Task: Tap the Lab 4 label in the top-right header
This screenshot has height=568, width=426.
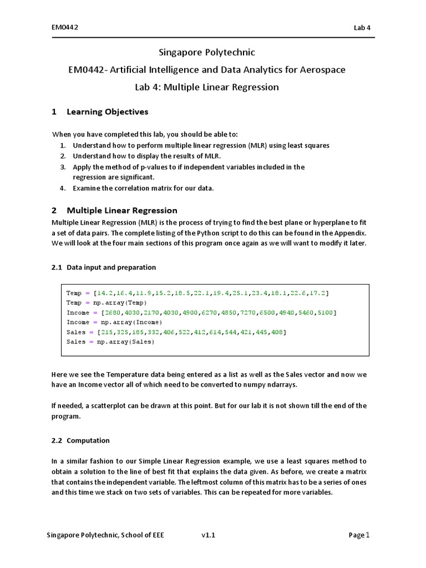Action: (x=362, y=28)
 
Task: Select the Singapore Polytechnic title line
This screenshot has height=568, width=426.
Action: (x=207, y=53)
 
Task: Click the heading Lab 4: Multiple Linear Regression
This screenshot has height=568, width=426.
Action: (x=207, y=87)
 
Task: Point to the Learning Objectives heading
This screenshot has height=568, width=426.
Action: (x=107, y=112)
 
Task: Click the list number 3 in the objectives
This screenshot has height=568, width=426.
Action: (x=63, y=167)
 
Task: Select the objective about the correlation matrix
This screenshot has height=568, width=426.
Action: (x=143, y=188)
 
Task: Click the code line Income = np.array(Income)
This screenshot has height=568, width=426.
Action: (x=114, y=322)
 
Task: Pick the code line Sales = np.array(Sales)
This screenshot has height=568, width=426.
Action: (x=111, y=342)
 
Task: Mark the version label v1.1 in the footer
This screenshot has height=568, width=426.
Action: (x=209, y=535)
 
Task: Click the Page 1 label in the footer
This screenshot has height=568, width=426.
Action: (x=359, y=535)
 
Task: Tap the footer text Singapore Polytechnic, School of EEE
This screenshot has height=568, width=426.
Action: (x=105, y=535)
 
